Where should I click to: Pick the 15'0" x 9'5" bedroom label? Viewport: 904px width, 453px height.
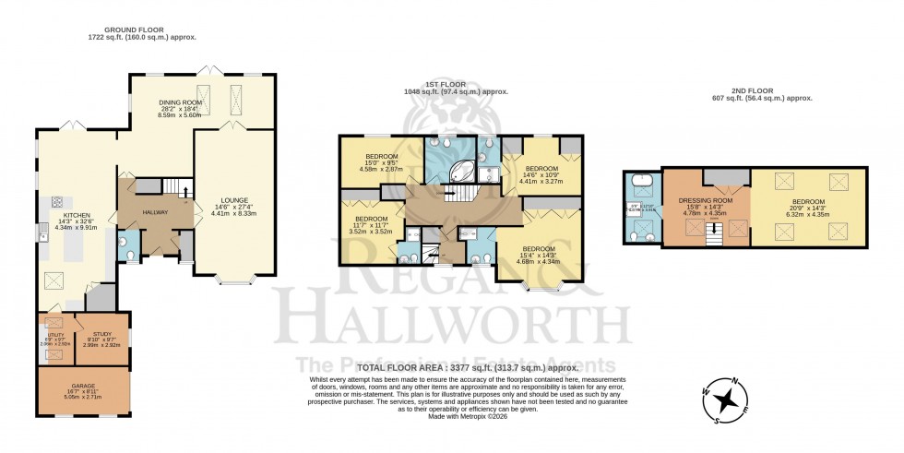coord(381,156)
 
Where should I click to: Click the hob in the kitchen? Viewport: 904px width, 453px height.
coord(57,202)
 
